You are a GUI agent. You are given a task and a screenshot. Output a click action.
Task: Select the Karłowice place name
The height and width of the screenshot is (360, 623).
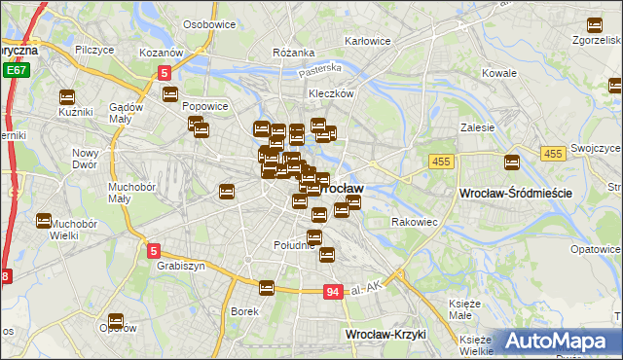pyautogui.click(x=368, y=41)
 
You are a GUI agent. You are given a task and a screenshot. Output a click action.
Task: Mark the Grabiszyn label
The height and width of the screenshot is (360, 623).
pyautogui.click(x=178, y=264)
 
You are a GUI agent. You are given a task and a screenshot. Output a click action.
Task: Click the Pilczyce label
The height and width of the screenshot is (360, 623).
pyautogui.click(x=94, y=48)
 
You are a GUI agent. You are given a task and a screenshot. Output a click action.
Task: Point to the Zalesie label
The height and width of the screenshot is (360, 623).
pyautogui.click(x=478, y=127)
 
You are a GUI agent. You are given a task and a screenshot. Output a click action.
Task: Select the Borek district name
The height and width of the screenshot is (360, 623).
pyautogui.click(x=243, y=311)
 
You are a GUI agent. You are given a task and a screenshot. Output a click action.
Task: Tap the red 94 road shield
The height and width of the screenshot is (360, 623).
pyautogui.click(x=333, y=291)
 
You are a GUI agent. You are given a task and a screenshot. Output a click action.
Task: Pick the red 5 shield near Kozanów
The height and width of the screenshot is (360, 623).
pyautogui.click(x=165, y=72)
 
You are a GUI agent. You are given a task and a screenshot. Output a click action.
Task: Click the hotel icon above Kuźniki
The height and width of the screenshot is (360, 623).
pyautogui.click(x=67, y=96)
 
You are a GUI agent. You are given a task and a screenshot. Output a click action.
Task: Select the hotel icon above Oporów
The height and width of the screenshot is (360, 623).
pyautogui.click(x=116, y=320)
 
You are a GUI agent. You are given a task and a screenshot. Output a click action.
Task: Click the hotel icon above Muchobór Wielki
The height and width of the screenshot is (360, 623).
pyautogui.click(x=44, y=223)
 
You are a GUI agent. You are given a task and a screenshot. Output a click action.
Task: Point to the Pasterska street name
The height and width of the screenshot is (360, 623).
pyautogui.click(x=321, y=69)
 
